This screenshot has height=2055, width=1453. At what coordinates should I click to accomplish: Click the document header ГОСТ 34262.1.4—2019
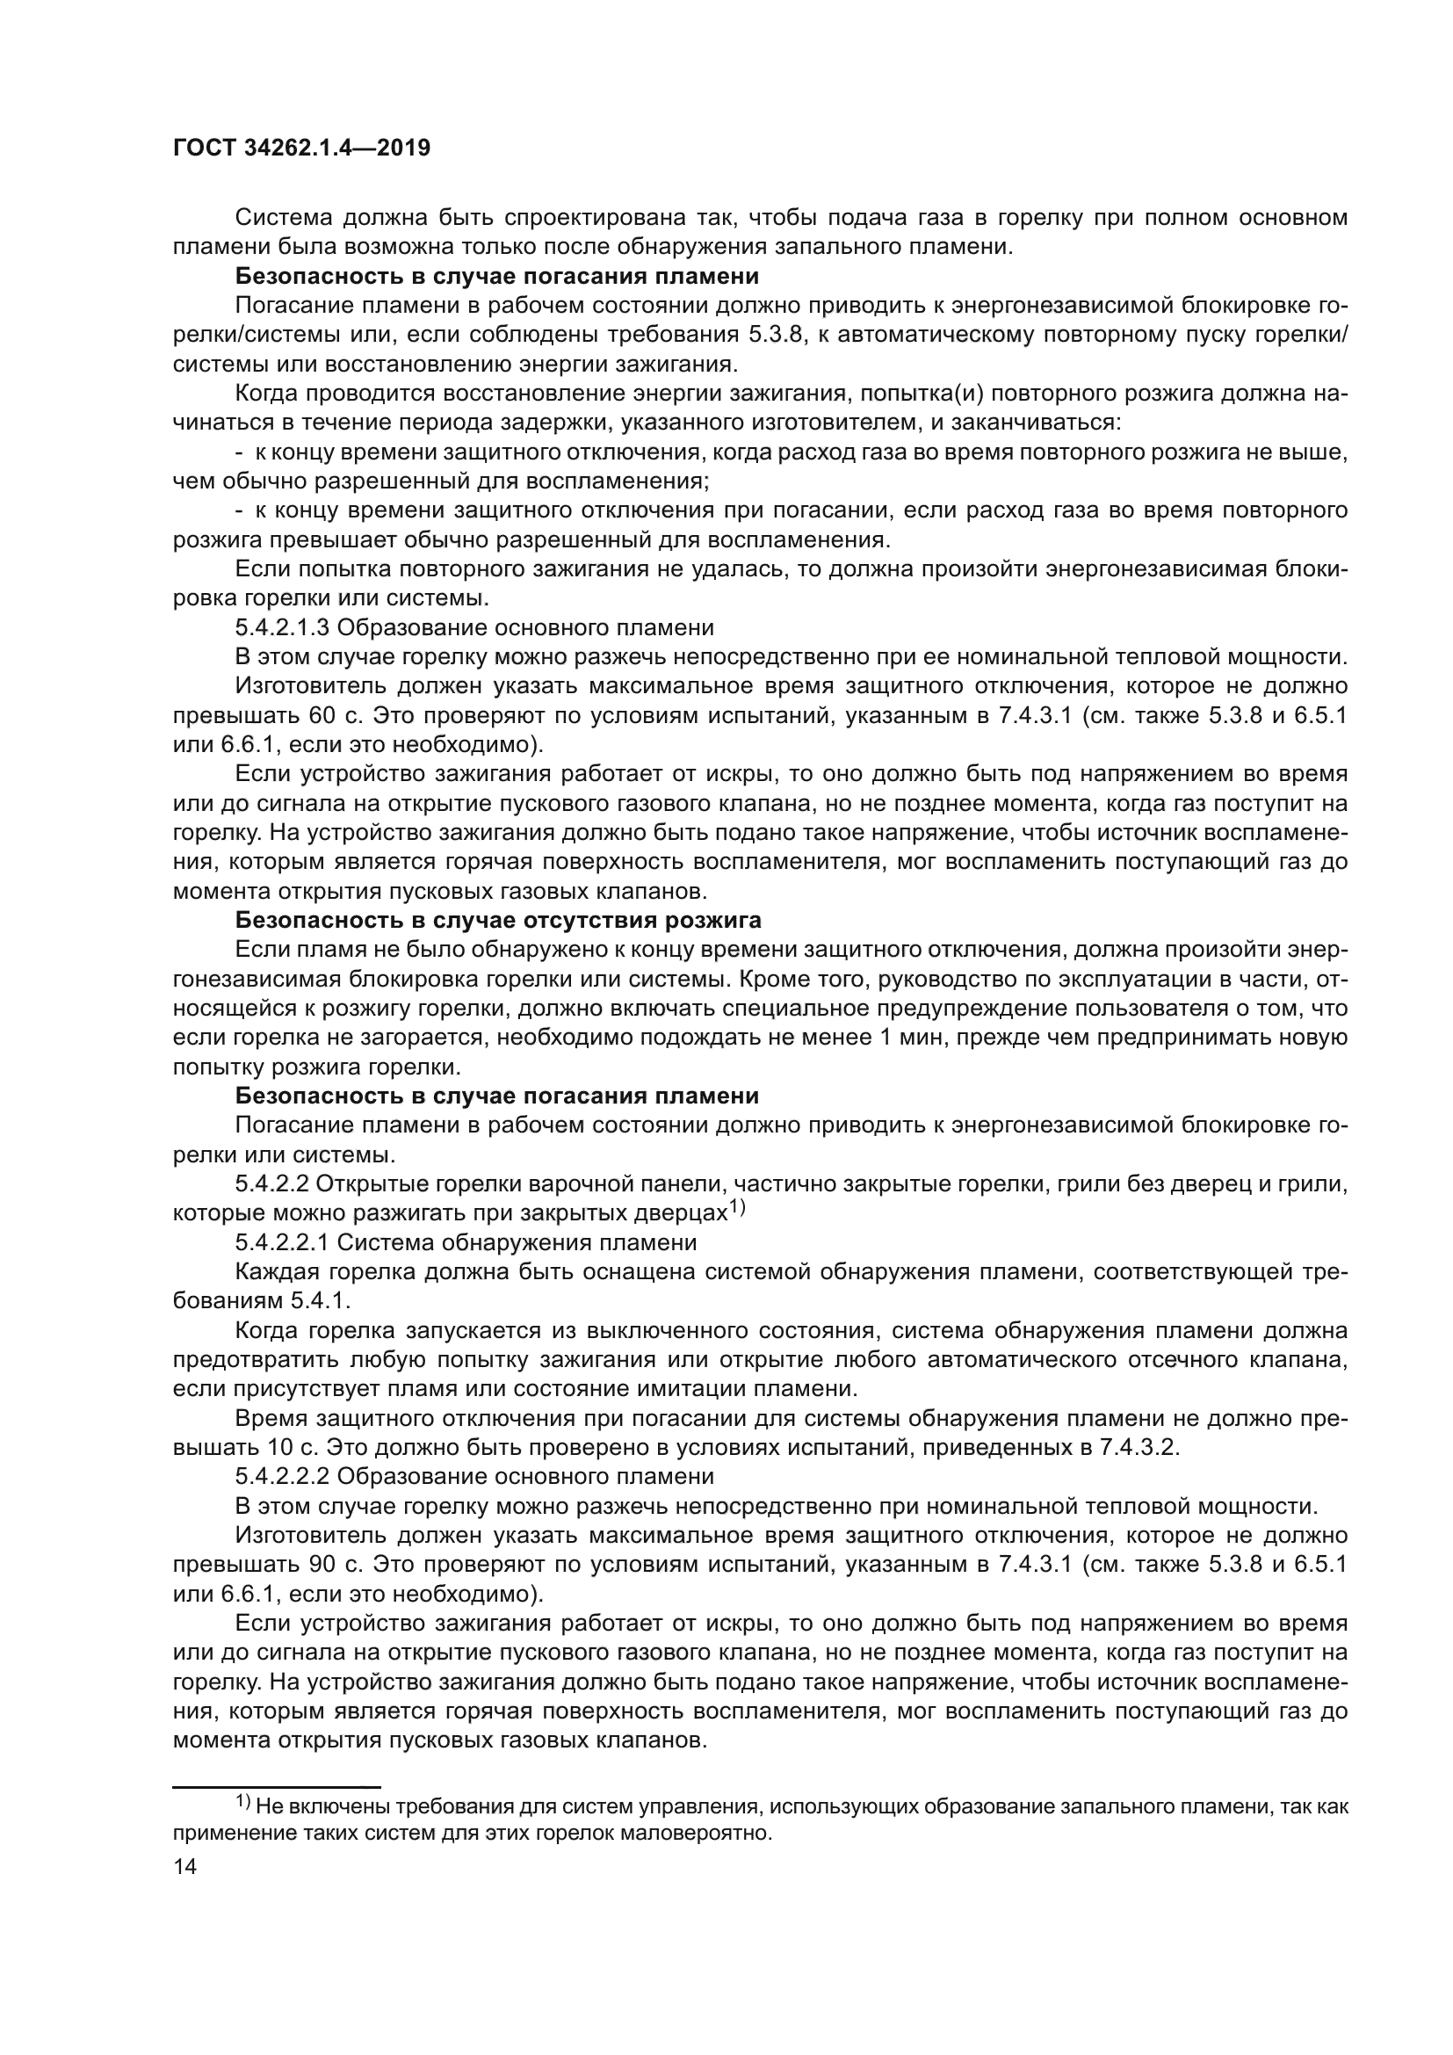tap(300, 148)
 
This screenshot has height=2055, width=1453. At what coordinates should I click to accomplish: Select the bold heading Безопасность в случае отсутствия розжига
tap(497, 920)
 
